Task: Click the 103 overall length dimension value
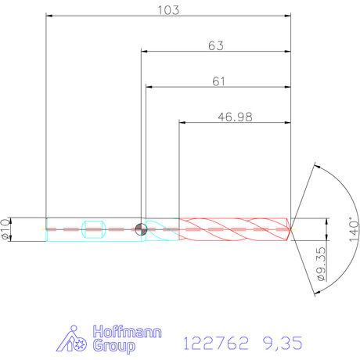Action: pyautogui.click(x=168, y=10)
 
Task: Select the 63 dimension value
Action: pyautogui.click(x=216, y=45)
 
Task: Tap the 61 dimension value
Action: pyautogui.click(x=218, y=81)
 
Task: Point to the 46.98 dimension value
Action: pyautogui.click(x=235, y=117)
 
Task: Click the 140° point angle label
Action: pyautogui.click(x=354, y=231)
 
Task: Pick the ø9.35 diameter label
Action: pyautogui.click(x=322, y=264)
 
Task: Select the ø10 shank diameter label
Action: pyautogui.click(x=5, y=229)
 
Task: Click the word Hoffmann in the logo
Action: pyautogui.click(x=128, y=332)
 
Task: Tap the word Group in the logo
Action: pyautogui.click(x=114, y=346)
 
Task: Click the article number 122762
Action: pyautogui.click(x=216, y=343)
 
